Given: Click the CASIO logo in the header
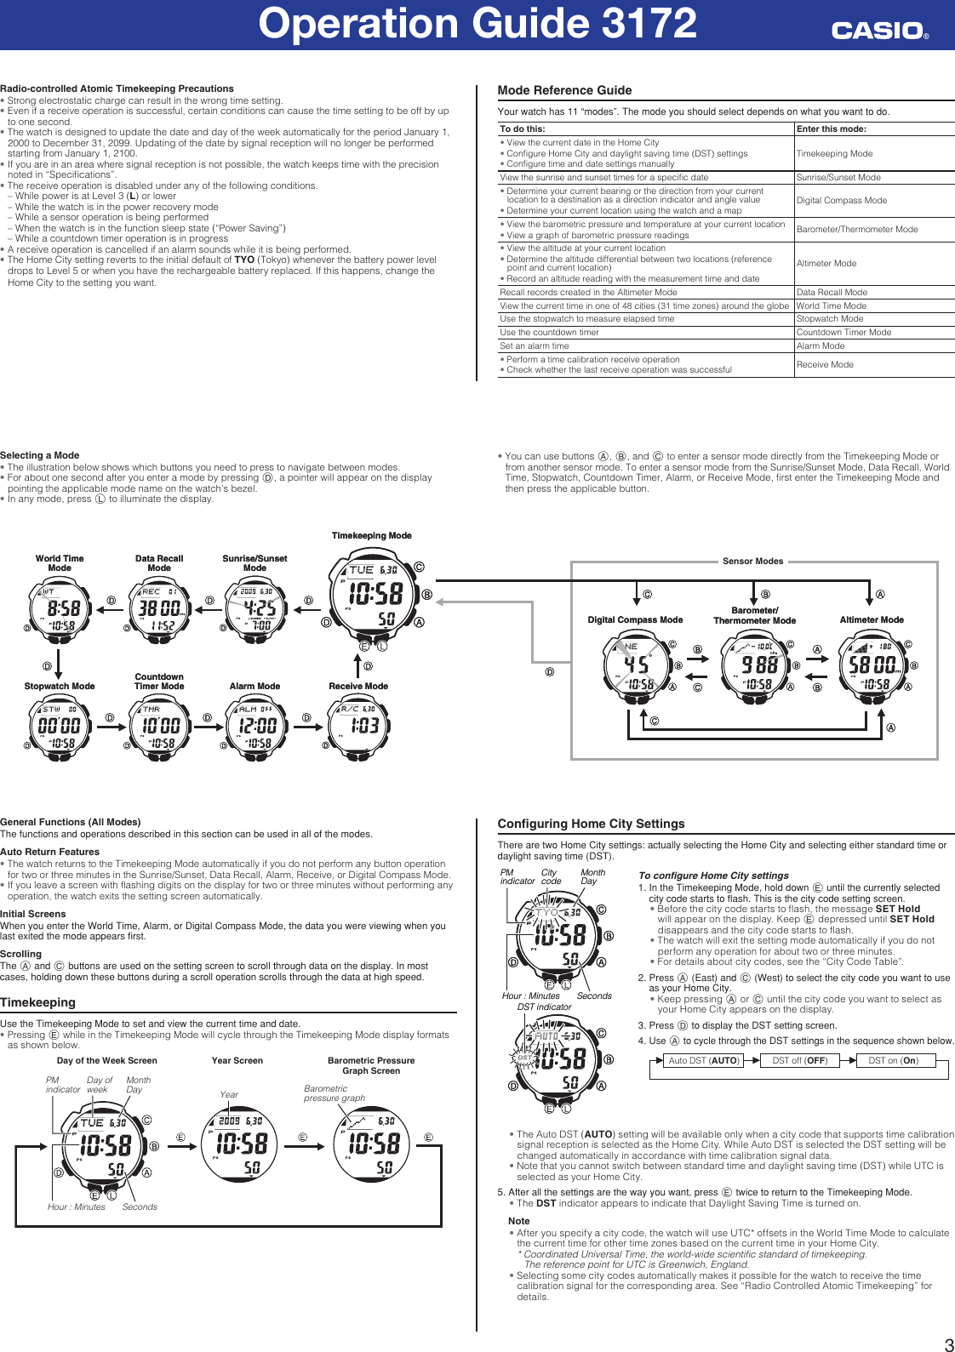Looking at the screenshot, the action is coord(879,31).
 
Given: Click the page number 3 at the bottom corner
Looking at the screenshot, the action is coord(948,1344).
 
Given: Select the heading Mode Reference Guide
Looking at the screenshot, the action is coord(564,90).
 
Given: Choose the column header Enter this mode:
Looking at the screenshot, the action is coord(831,129).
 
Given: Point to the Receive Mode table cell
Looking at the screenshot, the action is coord(825,364).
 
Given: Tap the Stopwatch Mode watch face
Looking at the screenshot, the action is coord(60,726).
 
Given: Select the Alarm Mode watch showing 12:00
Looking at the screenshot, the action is coord(256,726).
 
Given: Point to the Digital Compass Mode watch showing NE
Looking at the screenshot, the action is coord(638,665).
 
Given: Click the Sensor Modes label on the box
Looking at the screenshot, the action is coord(752,562).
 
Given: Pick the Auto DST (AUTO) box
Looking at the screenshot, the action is coord(703,1060).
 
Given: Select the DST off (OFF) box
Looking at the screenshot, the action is coord(799,1060).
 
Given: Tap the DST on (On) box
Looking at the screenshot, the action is coord(893,1060).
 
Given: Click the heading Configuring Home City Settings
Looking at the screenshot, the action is coord(591,824).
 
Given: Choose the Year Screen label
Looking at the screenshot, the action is coord(237,1061).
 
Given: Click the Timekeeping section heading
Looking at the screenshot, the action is coord(37,1002).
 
